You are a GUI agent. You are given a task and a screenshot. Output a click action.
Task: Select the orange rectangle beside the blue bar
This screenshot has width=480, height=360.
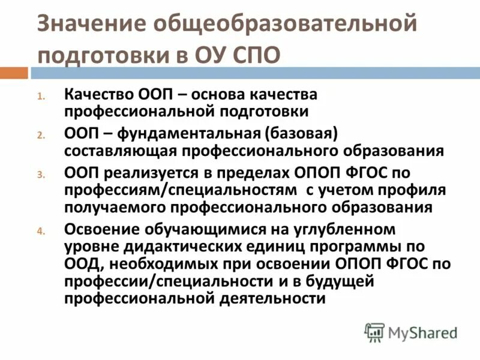click(x=14, y=73)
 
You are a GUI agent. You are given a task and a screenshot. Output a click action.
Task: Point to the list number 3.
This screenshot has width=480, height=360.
click(x=41, y=175)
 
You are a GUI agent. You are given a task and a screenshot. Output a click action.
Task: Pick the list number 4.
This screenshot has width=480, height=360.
click(x=41, y=231)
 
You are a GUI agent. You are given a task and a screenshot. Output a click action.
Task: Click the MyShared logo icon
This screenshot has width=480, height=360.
click(x=374, y=331)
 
